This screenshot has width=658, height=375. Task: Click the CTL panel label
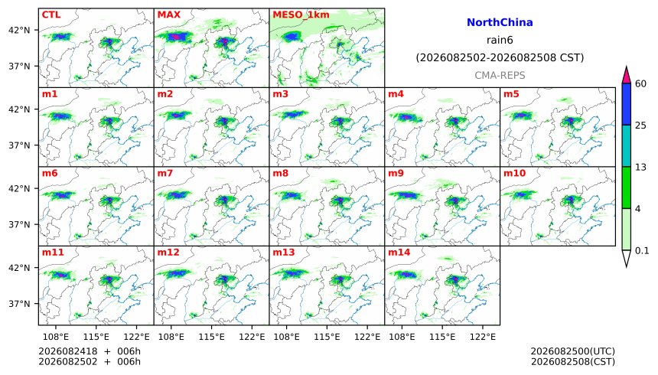(x=51, y=15)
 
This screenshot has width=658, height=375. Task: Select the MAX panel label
(x=168, y=15)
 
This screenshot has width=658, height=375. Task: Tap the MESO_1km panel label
(x=301, y=15)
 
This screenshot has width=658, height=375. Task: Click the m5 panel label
(x=511, y=93)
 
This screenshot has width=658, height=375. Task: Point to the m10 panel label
(x=514, y=173)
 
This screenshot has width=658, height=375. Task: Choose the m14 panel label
(x=399, y=252)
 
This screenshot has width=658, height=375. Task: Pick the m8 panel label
(x=280, y=173)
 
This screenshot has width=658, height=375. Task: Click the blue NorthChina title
(x=500, y=22)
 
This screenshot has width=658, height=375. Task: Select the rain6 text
(x=500, y=40)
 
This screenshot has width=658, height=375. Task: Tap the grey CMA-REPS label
(x=500, y=75)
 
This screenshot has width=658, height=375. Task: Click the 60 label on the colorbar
(x=640, y=83)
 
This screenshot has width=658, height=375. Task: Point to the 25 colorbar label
(x=640, y=126)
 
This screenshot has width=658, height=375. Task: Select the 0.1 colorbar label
(x=642, y=251)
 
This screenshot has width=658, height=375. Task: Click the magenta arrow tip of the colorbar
(x=627, y=67)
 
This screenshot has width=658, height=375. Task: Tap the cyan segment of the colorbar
(x=627, y=145)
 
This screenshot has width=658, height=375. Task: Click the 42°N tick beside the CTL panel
(x=19, y=31)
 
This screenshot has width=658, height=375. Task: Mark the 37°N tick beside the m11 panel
(x=19, y=304)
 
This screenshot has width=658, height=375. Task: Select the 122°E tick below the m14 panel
(x=483, y=337)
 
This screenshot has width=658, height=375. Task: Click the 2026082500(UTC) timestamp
(x=573, y=351)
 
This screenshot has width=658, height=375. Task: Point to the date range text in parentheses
(x=500, y=57)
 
